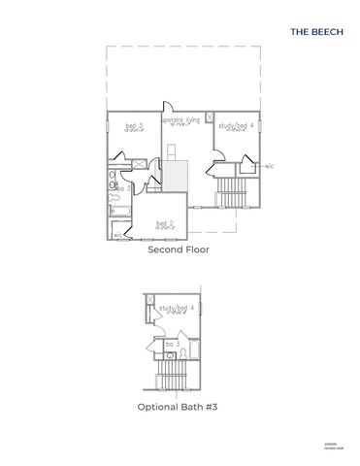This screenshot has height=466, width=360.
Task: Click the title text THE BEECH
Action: point(314,31)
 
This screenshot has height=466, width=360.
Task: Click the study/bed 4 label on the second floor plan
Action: point(237,125)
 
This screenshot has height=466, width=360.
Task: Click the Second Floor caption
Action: point(179,250)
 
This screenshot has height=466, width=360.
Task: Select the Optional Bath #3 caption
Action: point(179,408)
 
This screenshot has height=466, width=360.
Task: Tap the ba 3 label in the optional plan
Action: point(171,344)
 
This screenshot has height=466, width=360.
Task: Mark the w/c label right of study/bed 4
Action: point(269,167)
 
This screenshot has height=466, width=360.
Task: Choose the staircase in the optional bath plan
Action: point(173,370)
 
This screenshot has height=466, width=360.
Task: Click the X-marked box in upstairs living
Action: point(210,116)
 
